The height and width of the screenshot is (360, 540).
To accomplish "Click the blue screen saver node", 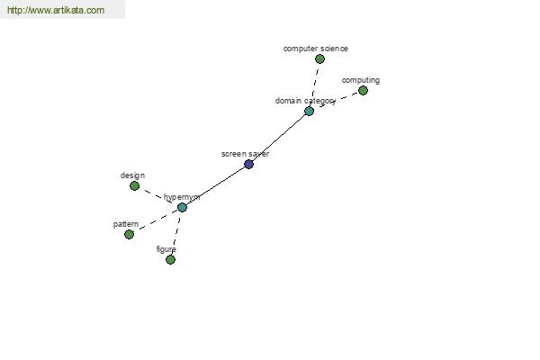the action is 248,164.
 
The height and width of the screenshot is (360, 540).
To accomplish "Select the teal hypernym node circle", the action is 182,207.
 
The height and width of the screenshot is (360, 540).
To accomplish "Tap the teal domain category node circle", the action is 309,111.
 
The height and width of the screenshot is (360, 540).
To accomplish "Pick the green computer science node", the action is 319,58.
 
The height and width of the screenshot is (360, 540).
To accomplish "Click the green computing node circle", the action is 363,90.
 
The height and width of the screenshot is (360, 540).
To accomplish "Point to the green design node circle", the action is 134,185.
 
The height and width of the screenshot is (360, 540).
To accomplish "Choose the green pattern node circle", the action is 129,234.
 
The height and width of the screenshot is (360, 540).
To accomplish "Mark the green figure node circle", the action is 170,259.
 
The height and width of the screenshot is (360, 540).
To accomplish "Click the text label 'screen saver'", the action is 245,154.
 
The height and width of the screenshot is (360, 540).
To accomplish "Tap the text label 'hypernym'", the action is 182,197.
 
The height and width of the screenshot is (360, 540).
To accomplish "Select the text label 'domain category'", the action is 305,101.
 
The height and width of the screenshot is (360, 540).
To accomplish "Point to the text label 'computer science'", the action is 316,49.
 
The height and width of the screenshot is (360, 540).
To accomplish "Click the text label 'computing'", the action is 361,80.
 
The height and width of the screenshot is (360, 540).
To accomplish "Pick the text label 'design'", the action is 132,175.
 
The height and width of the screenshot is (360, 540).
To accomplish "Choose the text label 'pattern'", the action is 126,224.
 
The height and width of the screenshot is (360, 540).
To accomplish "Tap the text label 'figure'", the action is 166,249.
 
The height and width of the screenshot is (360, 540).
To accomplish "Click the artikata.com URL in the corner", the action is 56,10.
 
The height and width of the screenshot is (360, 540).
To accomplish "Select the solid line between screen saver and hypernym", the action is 216,186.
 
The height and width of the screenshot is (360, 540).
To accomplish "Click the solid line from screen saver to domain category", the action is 278,137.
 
